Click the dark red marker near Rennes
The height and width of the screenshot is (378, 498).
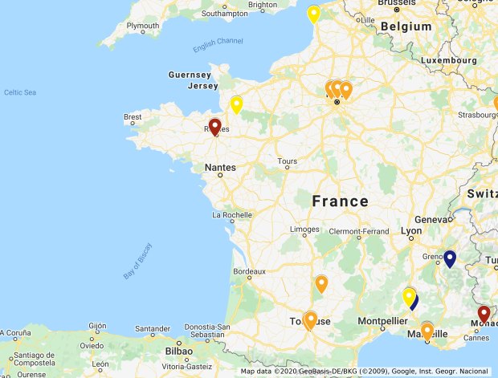[214, 127]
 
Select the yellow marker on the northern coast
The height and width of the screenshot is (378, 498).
[313, 14]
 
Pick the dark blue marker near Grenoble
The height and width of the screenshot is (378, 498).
[450, 258]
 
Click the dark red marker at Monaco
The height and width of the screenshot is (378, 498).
[484, 314]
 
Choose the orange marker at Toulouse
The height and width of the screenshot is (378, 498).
[311, 319]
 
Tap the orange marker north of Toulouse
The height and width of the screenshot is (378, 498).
[321, 283]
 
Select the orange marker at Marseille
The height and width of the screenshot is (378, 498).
[427, 330]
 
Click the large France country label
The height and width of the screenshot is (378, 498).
[340, 201]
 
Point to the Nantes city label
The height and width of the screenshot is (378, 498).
[220, 168]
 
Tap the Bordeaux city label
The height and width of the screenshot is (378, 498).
[248, 271]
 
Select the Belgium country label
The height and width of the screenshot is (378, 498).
[406, 26]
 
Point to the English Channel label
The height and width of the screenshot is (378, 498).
[218, 42]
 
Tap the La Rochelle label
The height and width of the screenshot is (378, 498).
[232, 215]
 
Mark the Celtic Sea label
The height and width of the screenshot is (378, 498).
[20, 92]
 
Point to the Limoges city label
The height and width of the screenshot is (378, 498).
[304, 230]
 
